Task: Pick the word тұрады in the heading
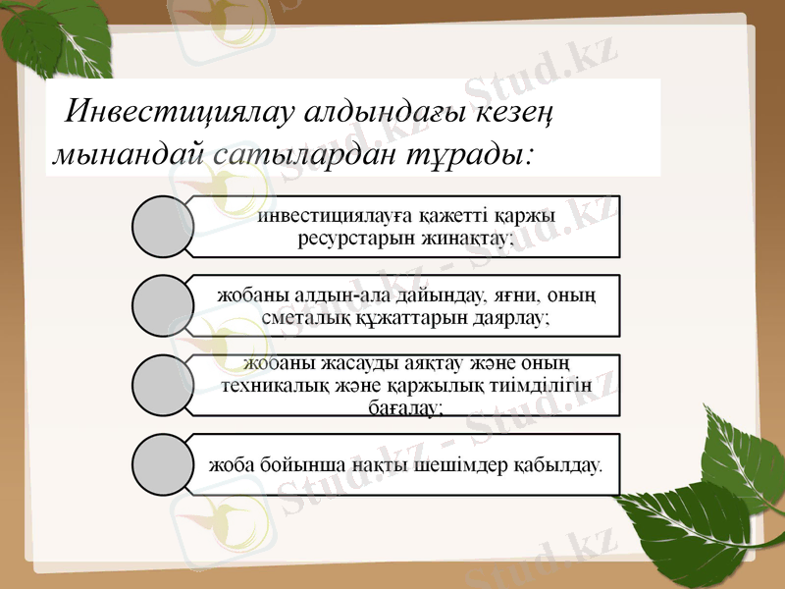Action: (x=468, y=154)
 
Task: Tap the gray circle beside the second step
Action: (x=164, y=305)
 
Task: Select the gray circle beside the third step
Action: (x=164, y=385)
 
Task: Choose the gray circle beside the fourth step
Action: (x=164, y=464)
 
